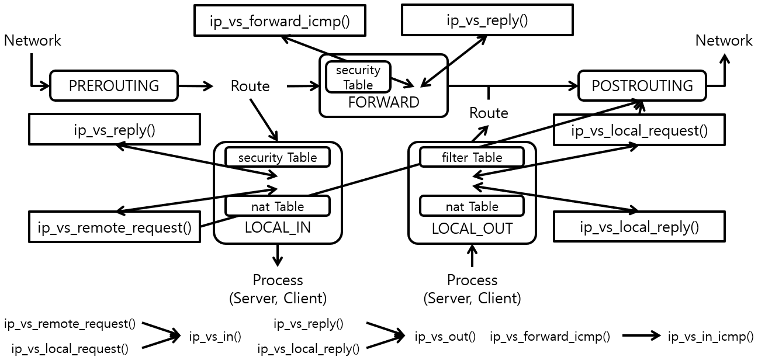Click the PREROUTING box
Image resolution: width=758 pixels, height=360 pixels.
point(113,86)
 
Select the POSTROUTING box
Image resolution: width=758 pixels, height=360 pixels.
point(642,86)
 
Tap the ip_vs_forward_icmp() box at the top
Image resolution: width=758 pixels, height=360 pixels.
point(279,22)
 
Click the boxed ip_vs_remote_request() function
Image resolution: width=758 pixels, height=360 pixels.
point(115,227)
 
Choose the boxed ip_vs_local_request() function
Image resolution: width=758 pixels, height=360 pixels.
point(639,130)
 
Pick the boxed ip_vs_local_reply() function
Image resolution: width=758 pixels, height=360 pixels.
point(639,227)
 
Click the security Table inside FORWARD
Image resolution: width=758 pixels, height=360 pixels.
point(358,77)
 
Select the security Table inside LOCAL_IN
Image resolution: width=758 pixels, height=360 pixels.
point(277,157)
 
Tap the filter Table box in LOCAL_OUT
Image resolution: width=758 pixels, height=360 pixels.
point(472,157)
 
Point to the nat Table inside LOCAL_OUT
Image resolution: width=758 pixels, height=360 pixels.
point(472,206)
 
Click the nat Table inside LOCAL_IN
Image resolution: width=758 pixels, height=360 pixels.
point(277,206)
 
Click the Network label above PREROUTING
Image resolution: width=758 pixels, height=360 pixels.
point(32,40)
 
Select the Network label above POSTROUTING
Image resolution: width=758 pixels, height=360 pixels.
point(724,40)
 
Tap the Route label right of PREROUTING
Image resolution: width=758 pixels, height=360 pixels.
point(250,86)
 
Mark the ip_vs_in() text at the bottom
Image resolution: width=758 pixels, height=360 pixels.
point(215,337)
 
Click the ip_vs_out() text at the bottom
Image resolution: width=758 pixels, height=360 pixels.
point(445,337)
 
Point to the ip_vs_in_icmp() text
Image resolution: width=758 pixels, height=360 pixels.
point(711,337)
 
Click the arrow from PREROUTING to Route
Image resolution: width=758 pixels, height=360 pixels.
point(196,86)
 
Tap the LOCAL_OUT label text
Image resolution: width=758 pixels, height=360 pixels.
point(472,229)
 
